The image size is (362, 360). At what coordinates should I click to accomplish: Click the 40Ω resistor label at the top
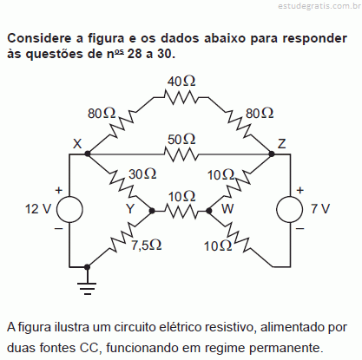point(181,82)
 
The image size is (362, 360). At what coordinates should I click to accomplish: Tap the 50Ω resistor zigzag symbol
point(181,154)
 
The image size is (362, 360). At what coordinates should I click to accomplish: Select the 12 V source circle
point(69,209)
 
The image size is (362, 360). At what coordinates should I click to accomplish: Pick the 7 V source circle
point(290,209)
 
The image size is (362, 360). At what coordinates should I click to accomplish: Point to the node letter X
point(77,143)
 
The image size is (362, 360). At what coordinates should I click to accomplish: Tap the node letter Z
point(281,143)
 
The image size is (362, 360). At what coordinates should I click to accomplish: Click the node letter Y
point(130,208)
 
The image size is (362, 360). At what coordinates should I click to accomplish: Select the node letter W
point(227,208)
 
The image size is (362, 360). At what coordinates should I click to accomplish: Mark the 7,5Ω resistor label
point(147,245)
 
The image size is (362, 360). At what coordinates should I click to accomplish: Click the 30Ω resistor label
point(142,174)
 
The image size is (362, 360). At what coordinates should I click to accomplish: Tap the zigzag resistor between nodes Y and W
point(181,211)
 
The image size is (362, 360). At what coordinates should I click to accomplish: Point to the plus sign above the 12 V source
point(59,190)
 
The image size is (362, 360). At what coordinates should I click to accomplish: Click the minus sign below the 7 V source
point(300,228)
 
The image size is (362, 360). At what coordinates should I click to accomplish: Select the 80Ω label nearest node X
point(102,114)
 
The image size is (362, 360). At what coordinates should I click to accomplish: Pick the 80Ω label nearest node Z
point(260,114)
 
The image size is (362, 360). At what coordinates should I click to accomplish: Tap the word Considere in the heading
point(39,38)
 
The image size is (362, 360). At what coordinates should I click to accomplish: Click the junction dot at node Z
point(272,154)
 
